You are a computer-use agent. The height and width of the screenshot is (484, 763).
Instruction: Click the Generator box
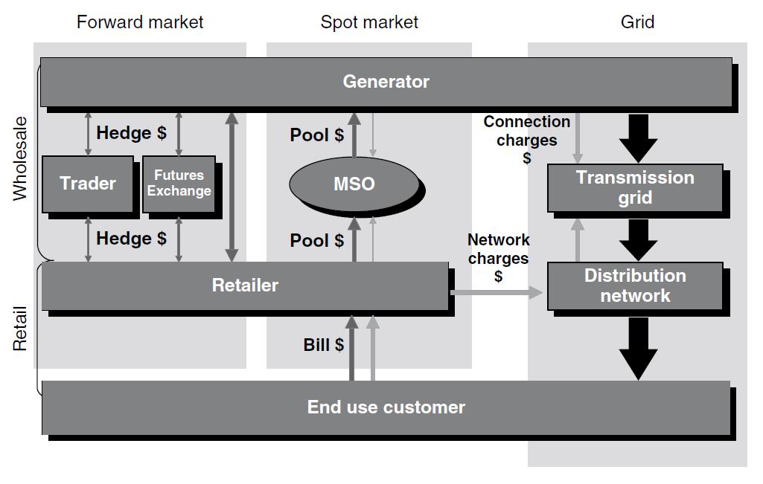coord(386,82)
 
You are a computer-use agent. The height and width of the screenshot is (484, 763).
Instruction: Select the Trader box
coord(88,184)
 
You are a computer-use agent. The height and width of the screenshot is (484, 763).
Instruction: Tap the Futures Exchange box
coord(179,184)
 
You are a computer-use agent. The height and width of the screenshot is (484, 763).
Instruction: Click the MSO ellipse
coord(354,184)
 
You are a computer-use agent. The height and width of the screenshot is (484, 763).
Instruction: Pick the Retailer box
coord(245,285)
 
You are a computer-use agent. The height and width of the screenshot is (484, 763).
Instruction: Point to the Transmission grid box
coord(635,187)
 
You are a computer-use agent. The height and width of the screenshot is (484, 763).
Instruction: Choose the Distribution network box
coord(635,285)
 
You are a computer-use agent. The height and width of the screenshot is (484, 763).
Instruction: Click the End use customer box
coord(386,407)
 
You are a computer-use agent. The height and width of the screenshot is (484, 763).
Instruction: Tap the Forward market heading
coord(140,22)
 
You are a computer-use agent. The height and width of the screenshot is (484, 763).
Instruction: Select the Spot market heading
coord(369,22)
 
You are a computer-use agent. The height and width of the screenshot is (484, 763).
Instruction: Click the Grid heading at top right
coord(638,22)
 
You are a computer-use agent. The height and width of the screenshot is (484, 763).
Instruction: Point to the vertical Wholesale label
coord(20,158)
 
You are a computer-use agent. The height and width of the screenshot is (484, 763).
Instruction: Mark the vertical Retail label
coord(20,329)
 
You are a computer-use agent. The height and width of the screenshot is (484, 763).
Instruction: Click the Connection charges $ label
coord(527,139)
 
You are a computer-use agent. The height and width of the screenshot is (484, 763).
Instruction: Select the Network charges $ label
coord(498,258)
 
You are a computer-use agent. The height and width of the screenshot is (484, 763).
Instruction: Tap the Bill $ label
coord(323,345)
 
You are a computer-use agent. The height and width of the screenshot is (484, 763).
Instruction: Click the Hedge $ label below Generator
coord(131,133)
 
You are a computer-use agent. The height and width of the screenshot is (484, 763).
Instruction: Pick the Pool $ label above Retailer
coord(317,241)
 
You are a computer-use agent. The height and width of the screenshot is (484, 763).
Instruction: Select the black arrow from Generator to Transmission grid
coord(638,138)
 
